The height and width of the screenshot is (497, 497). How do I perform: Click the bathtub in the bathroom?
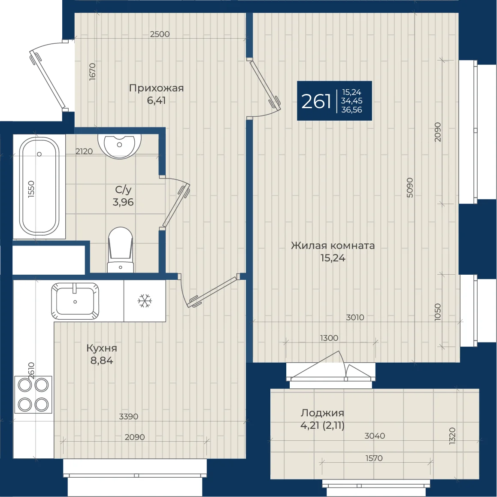[39, 186]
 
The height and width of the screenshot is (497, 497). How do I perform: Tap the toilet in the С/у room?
[121, 250]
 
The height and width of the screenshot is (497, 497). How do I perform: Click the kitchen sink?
[75, 301]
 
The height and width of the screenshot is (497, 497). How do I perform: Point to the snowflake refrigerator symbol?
[145, 301]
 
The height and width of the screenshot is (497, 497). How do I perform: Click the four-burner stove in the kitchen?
[33, 394]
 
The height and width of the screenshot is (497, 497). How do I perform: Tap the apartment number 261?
[316, 101]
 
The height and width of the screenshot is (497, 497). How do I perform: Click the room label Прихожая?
[156, 88]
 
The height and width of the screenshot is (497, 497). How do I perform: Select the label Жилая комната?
[333, 245]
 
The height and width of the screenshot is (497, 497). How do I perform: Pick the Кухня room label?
[102, 348]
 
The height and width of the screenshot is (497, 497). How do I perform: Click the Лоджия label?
[322, 413]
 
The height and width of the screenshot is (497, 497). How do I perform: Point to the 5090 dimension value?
[410, 188]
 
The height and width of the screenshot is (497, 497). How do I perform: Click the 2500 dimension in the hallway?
[160, 34]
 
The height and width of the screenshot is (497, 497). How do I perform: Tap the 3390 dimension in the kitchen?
[128, 416]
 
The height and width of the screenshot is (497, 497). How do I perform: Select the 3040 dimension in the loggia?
[375, 436]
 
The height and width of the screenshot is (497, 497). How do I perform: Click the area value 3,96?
[123, 202]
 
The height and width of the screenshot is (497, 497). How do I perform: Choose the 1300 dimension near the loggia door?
[329, 338]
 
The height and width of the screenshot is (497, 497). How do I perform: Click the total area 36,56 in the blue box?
[352, 110]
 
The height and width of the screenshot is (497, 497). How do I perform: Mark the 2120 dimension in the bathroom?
[84, 151]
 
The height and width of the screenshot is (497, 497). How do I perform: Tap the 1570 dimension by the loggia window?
[374, 458]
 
